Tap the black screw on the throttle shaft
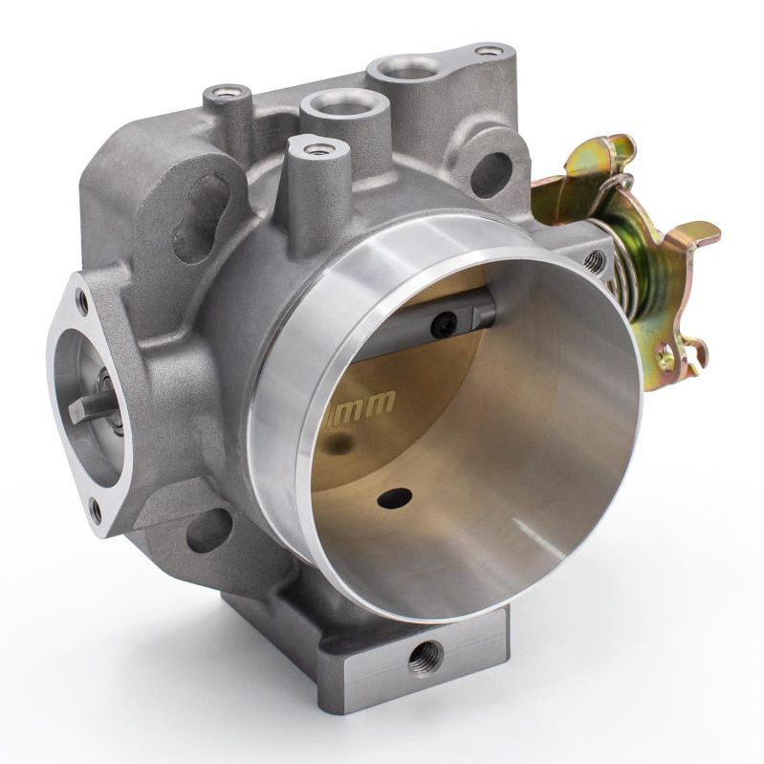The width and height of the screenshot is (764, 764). [x=442, y=326]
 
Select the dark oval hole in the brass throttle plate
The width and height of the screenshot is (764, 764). [x=395, y=497]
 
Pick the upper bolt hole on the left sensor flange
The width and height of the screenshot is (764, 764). [x=83, y=304]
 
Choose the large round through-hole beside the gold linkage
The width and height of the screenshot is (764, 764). [x=491, y=173]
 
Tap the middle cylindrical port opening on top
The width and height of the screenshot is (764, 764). [x=340, y=102]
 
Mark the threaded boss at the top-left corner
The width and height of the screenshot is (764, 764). [x=227, y=94]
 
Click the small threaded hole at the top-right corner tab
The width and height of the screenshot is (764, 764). [x=489, y=51]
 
